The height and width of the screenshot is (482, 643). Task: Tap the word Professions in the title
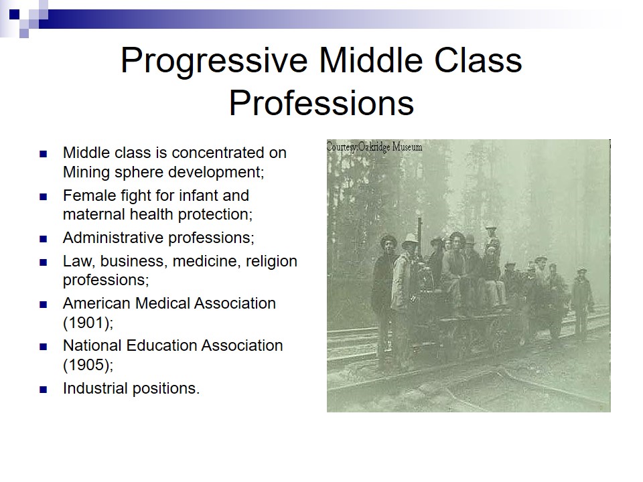pyautogui.click(x=321, y=103)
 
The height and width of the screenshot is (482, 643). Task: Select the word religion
pyautogui.click(x=271, y=262)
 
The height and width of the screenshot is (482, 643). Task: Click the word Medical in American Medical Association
pyautogui.click(x=162, y=303)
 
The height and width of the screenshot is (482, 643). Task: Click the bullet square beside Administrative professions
pyautogui.click(x=44, y=238)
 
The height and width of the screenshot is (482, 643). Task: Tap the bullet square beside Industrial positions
pyautogui.click(x=44, y=389)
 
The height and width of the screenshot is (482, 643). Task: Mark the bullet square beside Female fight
pyautogui.click(x=44, y=197)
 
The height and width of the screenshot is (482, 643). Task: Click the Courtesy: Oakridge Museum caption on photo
pyautogui.click(x=374, y=147)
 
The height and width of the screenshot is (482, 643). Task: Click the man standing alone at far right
pyautogui.click(x=582, y=303)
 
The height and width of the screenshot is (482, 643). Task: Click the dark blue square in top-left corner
pyautogui.click(x=14, y=14)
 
